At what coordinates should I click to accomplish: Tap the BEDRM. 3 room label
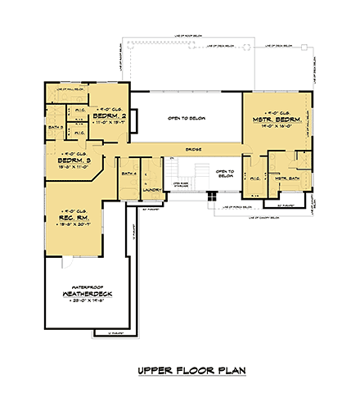click(74, 161)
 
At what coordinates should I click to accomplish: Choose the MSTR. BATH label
click(286, 178)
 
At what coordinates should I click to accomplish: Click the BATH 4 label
click(128, 174)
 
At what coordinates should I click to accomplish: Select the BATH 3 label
click(55, 128)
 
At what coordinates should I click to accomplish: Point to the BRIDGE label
click(194, 149)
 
